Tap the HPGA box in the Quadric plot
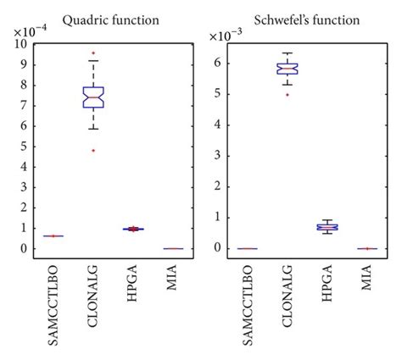[131, 229]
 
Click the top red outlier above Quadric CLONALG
[93, 53]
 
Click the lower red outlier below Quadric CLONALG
[93, 151]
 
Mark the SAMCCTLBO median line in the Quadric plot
[54, 236]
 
